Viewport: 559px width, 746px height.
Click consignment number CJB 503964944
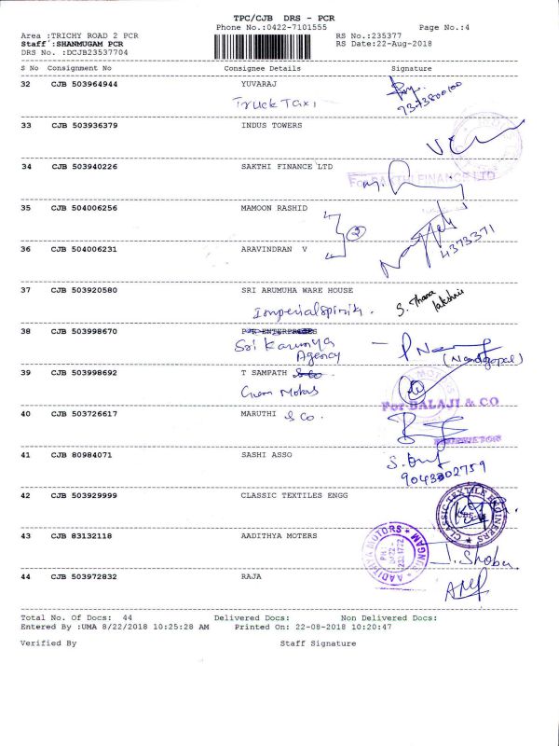click(x=84, y=84)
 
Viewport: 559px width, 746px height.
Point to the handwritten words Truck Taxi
click(x=277, y=104)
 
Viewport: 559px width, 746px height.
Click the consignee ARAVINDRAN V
click(x=274, y=249)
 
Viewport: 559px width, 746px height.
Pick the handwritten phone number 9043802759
click(x=437, y=472)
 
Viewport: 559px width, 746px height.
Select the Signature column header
click(x=411, y=69)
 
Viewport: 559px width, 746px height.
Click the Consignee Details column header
click(x=263, y=69)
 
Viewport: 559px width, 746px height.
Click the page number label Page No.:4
click(x=444, y=29)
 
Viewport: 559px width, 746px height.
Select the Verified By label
click(x=48, y=643)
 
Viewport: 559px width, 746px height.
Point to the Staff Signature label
click(x=318, y=643)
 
